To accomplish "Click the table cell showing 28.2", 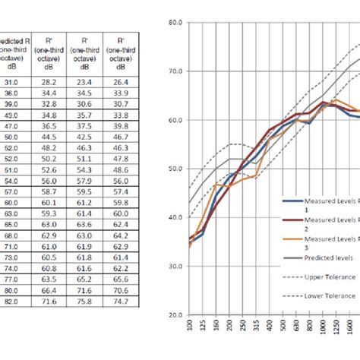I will pos(49,81).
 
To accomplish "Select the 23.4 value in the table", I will pos(84,81).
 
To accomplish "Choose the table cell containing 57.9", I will pos(84,182).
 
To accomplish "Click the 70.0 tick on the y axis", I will pos(175,71).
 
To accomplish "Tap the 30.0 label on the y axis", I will pos(175,266).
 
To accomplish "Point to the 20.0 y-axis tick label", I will pos(175,314).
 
